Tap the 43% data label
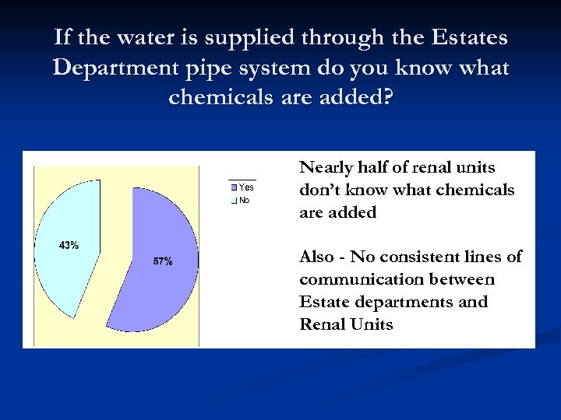pyautogui.click(x=69, y=245)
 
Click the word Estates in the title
pyautogui.click(x=465, y=37)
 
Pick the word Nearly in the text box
pyautogui.click(x=326, y=168)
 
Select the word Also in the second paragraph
pyautogui.click(x=317, y=257)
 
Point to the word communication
pyautogui.click(x=358, y=279)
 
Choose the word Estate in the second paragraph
pyautogui.click(x=323, y=302)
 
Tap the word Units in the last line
pyautogui.click(x=372, y=324)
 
